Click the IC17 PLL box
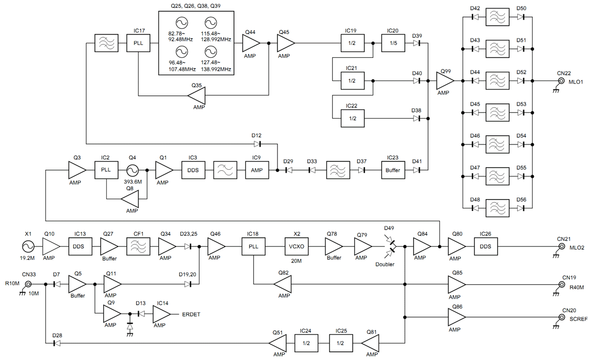138,43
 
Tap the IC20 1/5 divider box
393,43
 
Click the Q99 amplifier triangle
445,80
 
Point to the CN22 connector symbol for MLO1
562,80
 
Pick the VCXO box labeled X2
296,247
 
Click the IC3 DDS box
193,170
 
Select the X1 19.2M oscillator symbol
28,247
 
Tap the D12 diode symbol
257,144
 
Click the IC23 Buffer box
393,170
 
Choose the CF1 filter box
138,247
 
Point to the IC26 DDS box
486,247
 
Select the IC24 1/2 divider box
306,343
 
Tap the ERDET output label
191,315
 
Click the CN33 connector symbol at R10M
28,284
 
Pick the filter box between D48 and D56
497,208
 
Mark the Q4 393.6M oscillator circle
133,170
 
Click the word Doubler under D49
385,265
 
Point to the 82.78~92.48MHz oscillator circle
181,23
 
